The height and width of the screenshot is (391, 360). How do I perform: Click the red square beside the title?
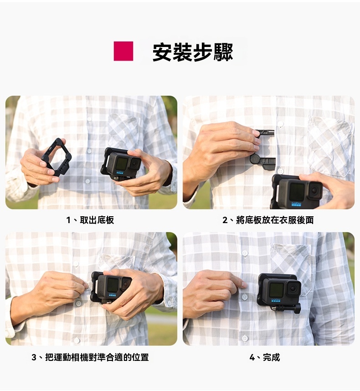point(123,51)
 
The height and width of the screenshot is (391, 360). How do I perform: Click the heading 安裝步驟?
point(193,52)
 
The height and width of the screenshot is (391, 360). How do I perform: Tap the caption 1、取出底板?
point(90,220)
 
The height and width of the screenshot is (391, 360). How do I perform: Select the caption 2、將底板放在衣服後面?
point(268,220)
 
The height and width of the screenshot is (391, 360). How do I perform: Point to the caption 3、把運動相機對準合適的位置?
point(90,357)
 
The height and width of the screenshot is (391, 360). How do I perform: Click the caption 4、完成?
point(265,357)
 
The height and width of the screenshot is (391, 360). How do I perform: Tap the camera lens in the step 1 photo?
point(135,163)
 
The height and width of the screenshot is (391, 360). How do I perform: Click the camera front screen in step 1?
point(121,164)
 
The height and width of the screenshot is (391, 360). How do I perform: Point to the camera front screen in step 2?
point(297,192)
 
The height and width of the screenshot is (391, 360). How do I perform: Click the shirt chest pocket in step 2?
point(330,146)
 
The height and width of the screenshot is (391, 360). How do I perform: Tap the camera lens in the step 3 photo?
point(126,283)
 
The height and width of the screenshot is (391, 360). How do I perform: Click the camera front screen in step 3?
point(113,285)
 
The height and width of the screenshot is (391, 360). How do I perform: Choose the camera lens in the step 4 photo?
point(293,289)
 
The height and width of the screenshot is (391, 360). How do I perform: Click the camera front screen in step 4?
point(277,290)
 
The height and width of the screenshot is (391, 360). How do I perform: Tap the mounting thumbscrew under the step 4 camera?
point(297,309)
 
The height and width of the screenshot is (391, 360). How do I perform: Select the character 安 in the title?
point(162,52)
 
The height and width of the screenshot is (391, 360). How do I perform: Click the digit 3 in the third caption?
point(34,357)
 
